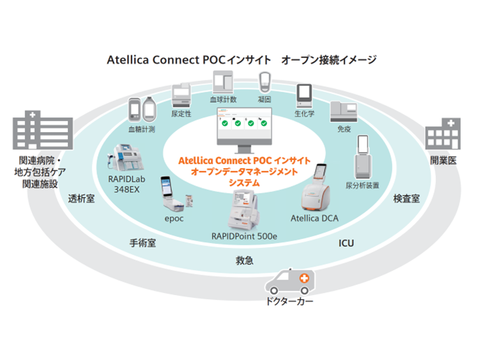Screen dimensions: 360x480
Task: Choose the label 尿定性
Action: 182,112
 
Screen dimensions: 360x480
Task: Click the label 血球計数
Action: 224,100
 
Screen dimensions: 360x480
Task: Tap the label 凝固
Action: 266,100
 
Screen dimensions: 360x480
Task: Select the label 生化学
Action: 305,112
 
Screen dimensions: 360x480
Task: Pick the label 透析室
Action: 82,199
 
